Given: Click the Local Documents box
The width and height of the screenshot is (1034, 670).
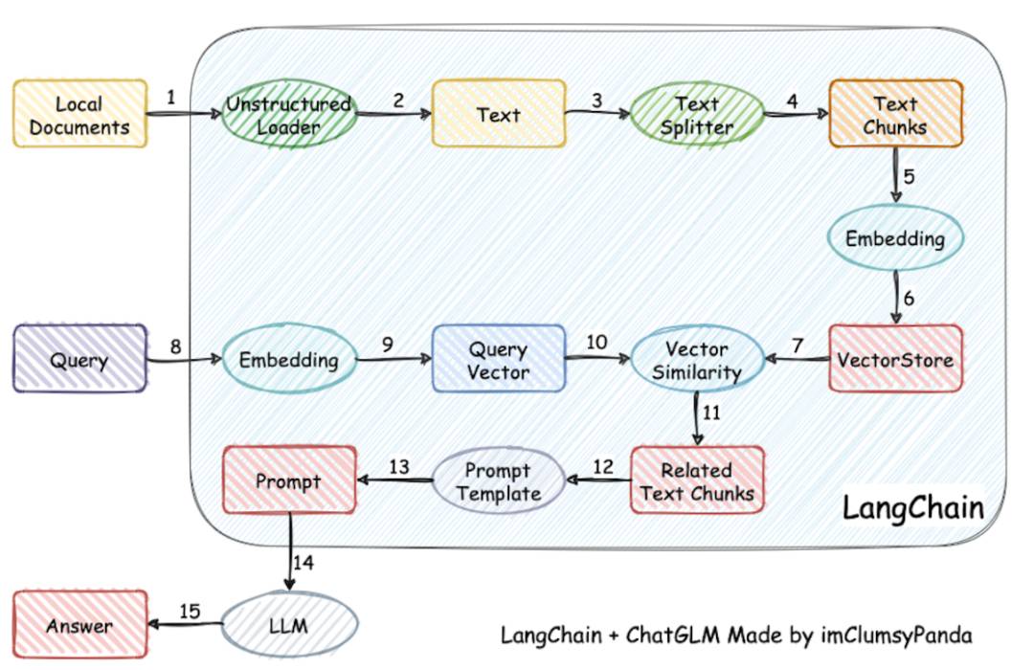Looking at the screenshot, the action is coord(79,114).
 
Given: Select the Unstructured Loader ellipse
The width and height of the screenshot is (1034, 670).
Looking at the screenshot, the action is coord(289,114).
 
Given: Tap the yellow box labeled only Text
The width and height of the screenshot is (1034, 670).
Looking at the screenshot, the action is coord(499,114).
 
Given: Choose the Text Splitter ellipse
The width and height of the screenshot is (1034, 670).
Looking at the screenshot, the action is coord(697,114).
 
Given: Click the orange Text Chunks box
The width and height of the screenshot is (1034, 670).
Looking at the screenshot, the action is coord(895,114).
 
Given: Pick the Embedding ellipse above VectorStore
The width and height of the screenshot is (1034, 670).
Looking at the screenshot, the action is coord(895,237).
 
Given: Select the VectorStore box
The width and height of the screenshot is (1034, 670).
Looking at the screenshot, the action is coord(895,359).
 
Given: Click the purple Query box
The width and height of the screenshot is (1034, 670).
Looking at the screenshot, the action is coord(79,359).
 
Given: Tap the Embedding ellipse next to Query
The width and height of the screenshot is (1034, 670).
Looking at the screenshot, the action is coord(289,359).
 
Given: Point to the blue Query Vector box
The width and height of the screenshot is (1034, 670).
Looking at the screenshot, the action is coord(499,359).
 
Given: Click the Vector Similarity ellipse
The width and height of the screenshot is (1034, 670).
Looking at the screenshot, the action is coord(697,359).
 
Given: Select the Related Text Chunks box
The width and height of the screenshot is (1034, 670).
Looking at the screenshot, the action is coord(697,480).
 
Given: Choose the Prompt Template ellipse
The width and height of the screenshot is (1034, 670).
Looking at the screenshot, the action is coord(499,480).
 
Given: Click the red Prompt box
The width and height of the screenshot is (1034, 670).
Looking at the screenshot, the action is coord(289,480).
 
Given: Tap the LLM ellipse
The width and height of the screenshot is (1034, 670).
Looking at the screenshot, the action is coord(289,624).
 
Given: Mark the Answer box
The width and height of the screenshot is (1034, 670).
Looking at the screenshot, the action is coord(79,624).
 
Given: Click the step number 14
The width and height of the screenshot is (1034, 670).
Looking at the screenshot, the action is coord(303,563).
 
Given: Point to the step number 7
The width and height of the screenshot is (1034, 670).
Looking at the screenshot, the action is coord(798,345).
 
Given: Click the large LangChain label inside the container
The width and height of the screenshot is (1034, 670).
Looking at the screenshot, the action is coord(913,508).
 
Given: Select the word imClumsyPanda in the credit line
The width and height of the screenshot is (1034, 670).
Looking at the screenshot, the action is coord(896,635).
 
